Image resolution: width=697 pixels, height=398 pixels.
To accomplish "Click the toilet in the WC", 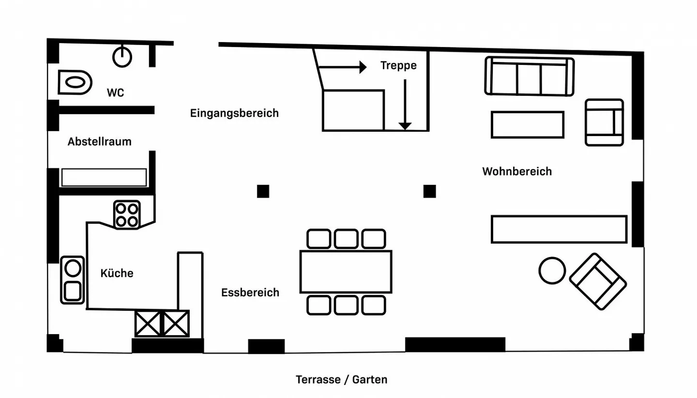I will [x=75, y=82].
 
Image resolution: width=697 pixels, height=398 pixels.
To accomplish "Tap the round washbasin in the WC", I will [x=122, y=57].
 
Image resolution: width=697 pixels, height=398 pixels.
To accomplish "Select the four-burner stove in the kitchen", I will [x=127, y=214].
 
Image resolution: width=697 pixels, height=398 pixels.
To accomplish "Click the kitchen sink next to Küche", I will [x=72, y=279].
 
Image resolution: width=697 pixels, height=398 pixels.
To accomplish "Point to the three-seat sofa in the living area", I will [x=529, y=77].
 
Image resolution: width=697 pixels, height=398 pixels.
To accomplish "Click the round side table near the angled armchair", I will [x=552, y=270].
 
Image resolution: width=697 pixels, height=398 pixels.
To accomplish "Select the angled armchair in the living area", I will [x=598, y=281].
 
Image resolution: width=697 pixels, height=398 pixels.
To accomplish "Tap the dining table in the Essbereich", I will [x=346, y=271].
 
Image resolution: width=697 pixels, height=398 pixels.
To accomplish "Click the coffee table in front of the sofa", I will [x=528, y=124].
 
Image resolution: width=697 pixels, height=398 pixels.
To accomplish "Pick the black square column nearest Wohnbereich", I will [x=429, y=191].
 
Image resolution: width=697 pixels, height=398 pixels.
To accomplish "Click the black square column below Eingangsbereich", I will [x=263, y=191].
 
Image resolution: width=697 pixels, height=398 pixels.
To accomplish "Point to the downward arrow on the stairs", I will [x=405, y=104].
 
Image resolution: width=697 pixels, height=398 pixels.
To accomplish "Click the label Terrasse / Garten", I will [x=342, y=380].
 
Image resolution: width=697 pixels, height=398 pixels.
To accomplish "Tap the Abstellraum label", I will [x=100, y=142].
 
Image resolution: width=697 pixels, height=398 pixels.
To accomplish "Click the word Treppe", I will [x=398, y=65].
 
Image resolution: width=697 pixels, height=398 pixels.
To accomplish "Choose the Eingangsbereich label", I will [x=234, y=113].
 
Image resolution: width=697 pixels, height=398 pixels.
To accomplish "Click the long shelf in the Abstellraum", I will [x=104, y=177].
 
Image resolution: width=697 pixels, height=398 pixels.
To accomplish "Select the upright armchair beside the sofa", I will [x=604, y=122].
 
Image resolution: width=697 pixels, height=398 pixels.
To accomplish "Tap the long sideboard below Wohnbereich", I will [x=559, y=229].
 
